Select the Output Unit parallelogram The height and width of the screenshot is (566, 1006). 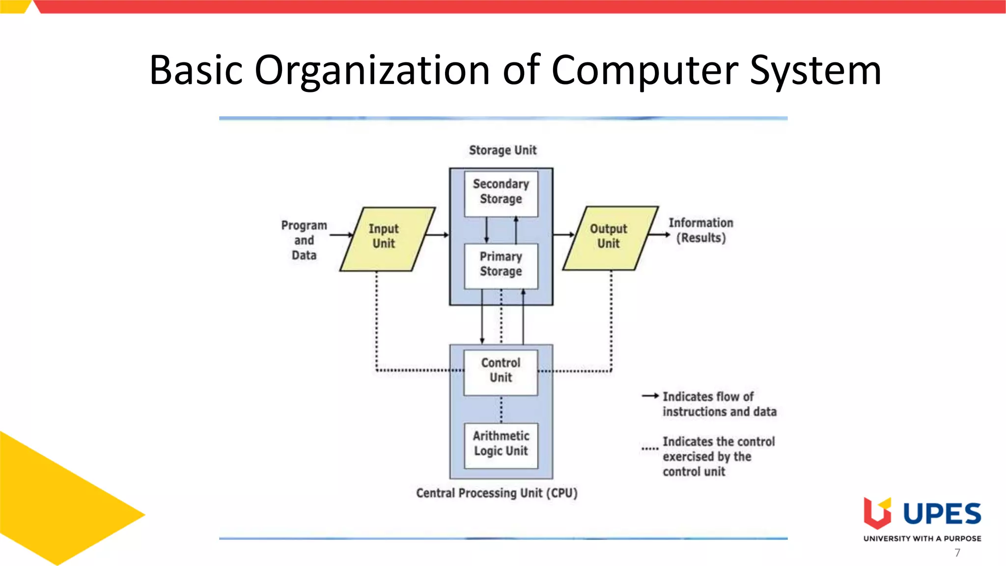coord(610,238)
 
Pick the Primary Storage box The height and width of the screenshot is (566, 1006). coord(501,266)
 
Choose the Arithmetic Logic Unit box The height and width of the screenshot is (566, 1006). coord(501,445)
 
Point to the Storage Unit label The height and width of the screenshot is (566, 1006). coord(503,150)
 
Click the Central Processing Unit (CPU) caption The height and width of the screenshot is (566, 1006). coord(497,493)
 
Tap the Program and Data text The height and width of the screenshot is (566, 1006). coord(304,240)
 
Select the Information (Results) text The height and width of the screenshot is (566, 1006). coord(701,230)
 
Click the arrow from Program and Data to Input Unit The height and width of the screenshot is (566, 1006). coord(341,235)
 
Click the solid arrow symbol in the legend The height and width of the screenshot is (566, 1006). coord(650,396)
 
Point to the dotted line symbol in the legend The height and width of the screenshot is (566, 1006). coord(650,449)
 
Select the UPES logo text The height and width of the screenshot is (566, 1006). coord(942,514)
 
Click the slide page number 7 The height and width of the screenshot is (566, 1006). coord(957,553)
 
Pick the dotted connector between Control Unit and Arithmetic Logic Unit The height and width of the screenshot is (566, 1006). coord(501,409)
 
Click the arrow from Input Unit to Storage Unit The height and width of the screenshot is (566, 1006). coord(437,235)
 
